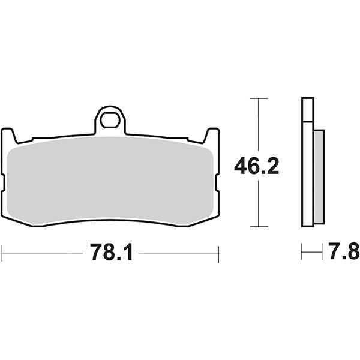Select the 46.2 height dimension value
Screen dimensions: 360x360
click(257, 166)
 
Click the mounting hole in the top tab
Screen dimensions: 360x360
click(110, 121)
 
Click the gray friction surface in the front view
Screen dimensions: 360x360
click(111, 180)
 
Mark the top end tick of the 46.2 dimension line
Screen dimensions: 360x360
click(258, 98)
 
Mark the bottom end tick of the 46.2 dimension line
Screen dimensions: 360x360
click(258, 226)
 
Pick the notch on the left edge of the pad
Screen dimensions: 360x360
click(4, 178)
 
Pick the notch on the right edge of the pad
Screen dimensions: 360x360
click(217, 178)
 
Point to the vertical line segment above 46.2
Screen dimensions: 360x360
click(258, 126)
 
